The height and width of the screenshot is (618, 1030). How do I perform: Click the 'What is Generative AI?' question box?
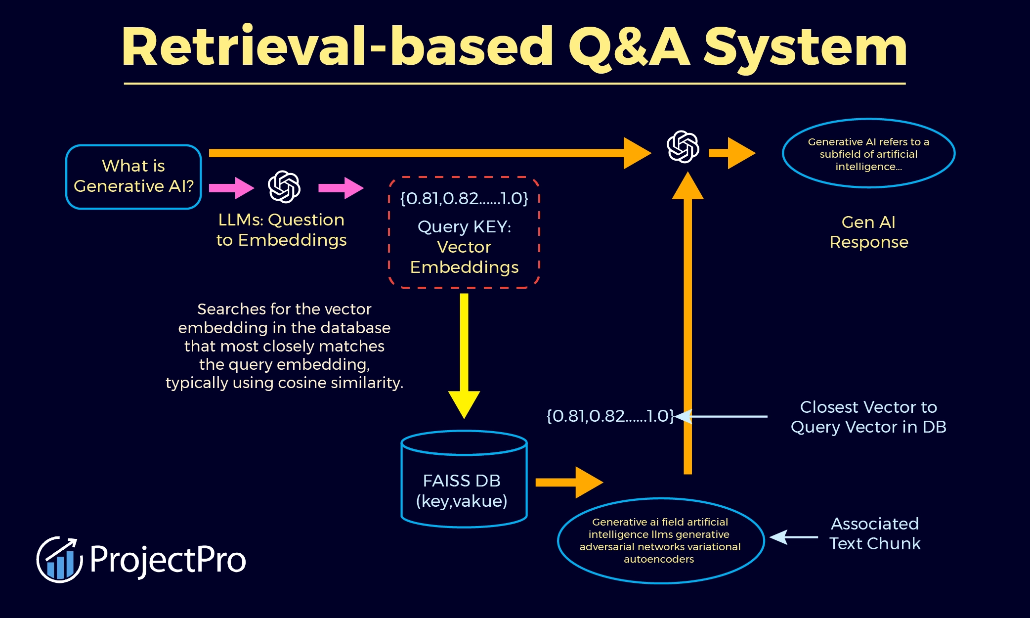[133, 177]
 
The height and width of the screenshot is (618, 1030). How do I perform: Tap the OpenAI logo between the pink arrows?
[284, 187]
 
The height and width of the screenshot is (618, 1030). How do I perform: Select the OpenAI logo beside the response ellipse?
[683, 147]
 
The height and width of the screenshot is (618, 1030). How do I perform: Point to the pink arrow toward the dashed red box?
[341, 188]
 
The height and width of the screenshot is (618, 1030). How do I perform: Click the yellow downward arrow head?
[464, 403]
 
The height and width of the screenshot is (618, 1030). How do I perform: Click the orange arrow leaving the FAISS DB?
[568, 482]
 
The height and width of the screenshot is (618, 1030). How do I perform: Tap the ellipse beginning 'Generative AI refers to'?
[868, 154]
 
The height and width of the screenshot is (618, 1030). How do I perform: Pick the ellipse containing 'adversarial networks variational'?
[660, 540]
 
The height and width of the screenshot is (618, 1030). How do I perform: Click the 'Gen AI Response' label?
[868, 232]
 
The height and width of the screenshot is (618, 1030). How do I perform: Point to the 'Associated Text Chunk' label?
[875, 533]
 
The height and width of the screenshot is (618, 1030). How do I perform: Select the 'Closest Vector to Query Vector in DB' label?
[868, 417]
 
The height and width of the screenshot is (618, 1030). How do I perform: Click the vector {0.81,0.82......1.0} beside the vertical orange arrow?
[610, 416]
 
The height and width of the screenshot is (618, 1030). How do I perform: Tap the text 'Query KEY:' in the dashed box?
[464, 226]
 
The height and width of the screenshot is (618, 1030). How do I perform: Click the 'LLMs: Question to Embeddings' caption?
[281, 230]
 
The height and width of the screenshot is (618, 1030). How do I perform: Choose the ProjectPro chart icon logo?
[59, 560]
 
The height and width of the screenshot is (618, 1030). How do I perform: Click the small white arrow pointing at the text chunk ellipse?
[793, 537]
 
